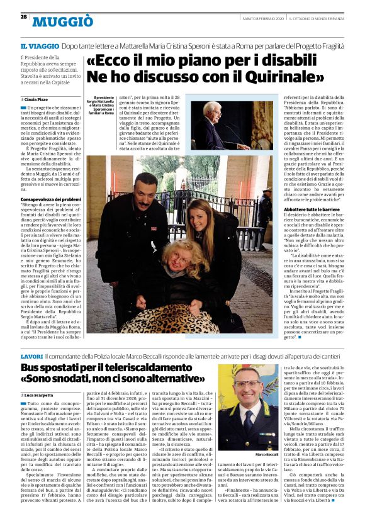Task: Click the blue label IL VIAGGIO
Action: click(x=40, y=47)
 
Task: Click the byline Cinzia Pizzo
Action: click(x=38, y=100)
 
